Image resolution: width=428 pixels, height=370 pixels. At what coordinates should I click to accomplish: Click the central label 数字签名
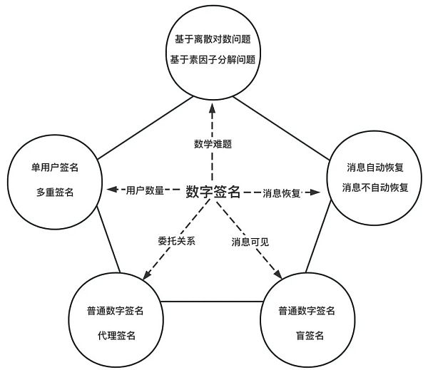[213, 191]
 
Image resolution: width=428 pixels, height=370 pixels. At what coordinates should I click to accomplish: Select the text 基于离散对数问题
[212, 41]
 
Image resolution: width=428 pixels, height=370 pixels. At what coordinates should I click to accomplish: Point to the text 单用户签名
[56, 168]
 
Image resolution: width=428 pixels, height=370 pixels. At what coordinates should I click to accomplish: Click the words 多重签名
[56, 192]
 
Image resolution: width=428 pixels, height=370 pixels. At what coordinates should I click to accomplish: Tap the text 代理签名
[116, 334]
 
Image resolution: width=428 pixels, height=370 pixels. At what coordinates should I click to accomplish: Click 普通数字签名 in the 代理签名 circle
[116, 311]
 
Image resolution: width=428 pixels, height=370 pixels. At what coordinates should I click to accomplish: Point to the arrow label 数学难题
[212, 144]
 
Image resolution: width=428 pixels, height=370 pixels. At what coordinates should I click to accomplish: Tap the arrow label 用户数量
[145, 190]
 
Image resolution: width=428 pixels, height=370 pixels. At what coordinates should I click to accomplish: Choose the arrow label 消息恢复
[281, 192]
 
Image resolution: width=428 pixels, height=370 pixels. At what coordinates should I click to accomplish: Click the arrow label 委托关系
[176, 240]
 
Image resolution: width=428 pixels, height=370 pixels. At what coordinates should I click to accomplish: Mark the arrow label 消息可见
[250, 240]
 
